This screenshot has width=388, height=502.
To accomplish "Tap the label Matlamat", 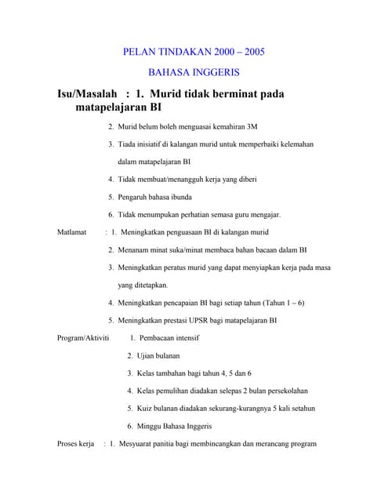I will pos(72,232).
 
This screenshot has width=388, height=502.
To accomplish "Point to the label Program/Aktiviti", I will pos(83,338).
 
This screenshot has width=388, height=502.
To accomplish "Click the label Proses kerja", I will pos(75,444).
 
